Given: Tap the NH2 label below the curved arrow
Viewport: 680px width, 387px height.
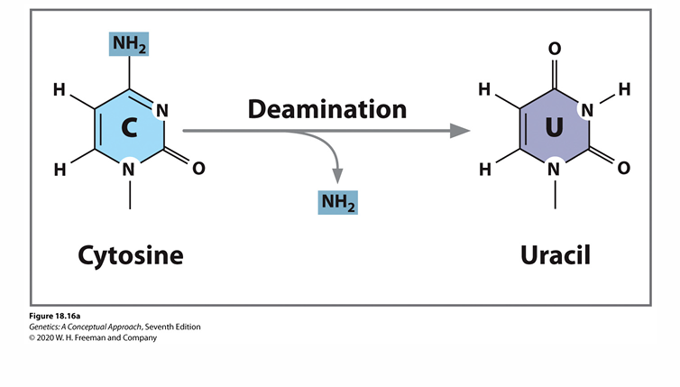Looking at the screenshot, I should pyautogui.click(x=338, y=202).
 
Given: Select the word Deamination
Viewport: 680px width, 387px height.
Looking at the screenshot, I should pyautogui.click(x=327, y=110).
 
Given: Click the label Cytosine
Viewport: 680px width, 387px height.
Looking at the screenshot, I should pyautogui.click(x=131, y=255).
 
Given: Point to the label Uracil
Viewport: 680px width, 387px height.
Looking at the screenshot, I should pyautogui.click(x=555, y=255).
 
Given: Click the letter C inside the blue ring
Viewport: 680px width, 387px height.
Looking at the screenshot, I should pyautogui.click(x=130, y=130).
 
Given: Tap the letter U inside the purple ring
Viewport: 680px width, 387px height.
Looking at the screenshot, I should pyautogui.click(x=554, y=130).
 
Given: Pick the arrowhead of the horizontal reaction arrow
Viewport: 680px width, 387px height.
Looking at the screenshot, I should pyautogui.click(x=461, y=131).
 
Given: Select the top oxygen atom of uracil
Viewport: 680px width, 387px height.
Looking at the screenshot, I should pyautogui.click(x=555, y=47).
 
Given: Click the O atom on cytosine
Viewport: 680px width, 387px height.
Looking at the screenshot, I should pyautogui.click(x=198, y=168).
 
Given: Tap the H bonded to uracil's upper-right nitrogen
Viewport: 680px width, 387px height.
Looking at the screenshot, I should pyautogui.click(x=623, y=89).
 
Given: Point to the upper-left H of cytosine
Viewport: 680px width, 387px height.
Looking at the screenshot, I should pyautogui.click(x=59, y=89).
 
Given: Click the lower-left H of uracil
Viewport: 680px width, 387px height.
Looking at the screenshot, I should pyautogui.click(x=485, y=168).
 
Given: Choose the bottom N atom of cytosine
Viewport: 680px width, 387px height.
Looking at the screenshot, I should pyautogui.click(x=130, y=169).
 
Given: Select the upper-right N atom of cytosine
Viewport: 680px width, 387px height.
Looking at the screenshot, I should pyautogui.click(x=163, y=111).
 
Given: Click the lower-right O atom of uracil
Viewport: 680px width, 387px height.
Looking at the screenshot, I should pyautogui.click(x=623, y=168).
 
